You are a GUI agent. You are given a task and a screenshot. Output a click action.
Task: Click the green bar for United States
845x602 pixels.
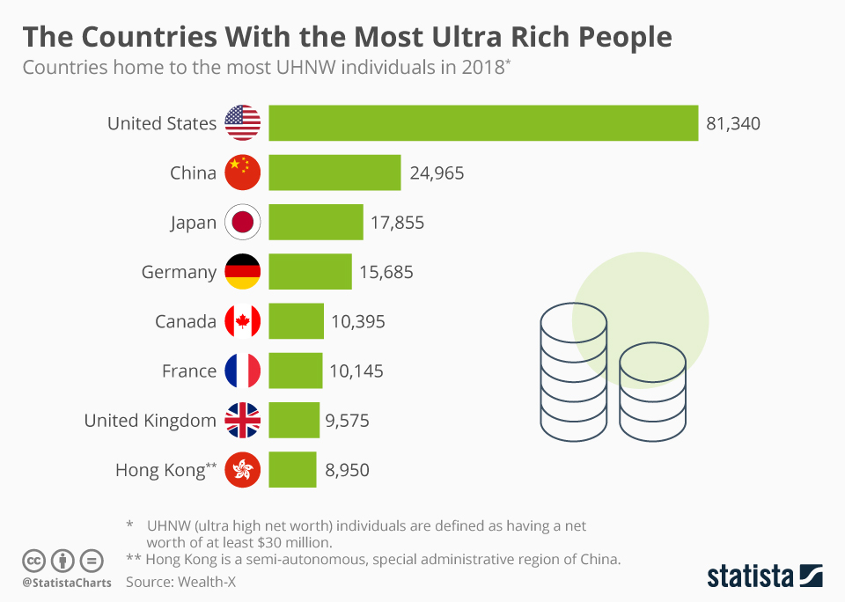(x=483, y=123)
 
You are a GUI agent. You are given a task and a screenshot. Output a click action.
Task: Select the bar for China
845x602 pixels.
(x=334, y=173)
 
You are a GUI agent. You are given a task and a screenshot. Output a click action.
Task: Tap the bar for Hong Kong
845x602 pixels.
(x=292, y=469)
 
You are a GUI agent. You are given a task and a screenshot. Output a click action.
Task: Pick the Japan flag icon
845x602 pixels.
(x=243, y=222)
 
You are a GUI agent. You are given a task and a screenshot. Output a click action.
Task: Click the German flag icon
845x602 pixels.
(x=243, y=272)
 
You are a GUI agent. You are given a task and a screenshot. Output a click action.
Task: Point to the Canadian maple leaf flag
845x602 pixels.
(x=243, y=321)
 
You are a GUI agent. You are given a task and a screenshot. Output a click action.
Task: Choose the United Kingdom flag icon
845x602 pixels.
(x=243, y=421)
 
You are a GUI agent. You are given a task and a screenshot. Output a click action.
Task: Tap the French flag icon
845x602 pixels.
(x=243, y=371)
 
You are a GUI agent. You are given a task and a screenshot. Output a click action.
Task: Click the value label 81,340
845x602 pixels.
(x=733, y=123)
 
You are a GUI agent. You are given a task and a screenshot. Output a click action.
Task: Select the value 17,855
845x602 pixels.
(x=397, y=223)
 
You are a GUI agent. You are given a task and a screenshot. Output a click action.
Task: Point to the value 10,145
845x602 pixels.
(x=356, y=371)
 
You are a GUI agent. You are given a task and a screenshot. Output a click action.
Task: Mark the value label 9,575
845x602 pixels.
(x=347, y=421)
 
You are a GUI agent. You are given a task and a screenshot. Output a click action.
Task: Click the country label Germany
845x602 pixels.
(x=179, y=273)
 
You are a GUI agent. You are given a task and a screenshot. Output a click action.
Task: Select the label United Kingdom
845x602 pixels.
(x=151, y=421)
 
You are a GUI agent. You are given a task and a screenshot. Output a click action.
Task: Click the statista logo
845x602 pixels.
(x=765, y=576)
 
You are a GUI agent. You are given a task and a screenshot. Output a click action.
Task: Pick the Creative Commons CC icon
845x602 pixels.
(x=33, y=561)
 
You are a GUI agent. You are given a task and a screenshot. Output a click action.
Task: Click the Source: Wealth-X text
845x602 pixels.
(x=181, y=582)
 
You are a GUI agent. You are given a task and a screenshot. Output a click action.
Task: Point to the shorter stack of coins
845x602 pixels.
(x=652, y=392)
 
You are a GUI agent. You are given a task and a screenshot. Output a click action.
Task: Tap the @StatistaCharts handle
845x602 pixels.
(x=67, y=583)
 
